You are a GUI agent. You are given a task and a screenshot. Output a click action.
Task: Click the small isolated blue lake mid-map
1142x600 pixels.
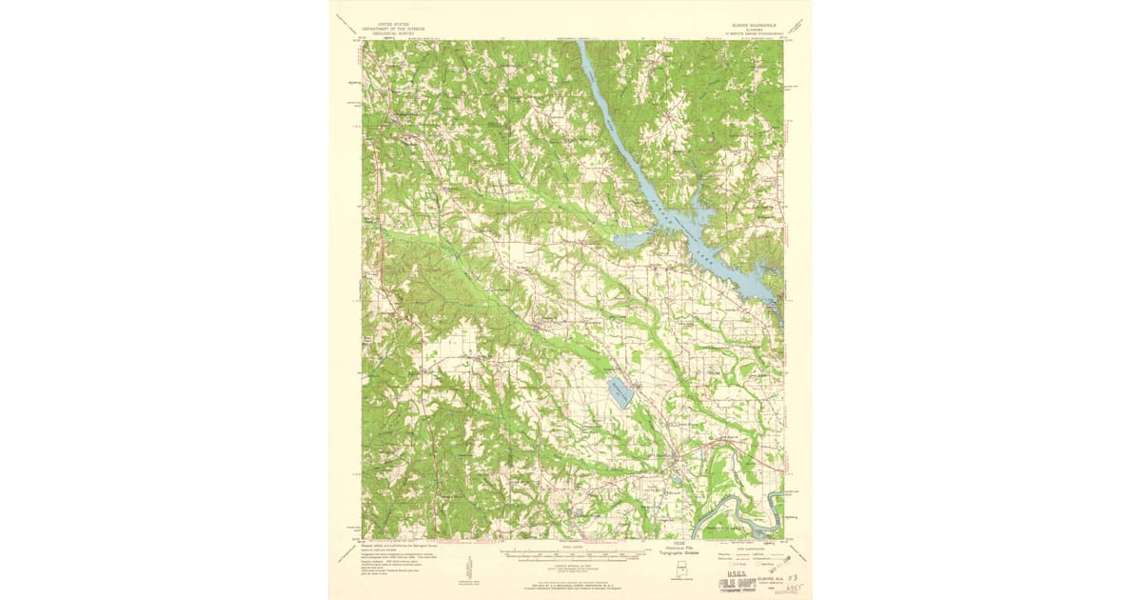(618, 391)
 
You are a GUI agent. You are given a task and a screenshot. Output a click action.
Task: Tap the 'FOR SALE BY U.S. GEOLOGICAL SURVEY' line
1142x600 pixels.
(570, 585)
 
